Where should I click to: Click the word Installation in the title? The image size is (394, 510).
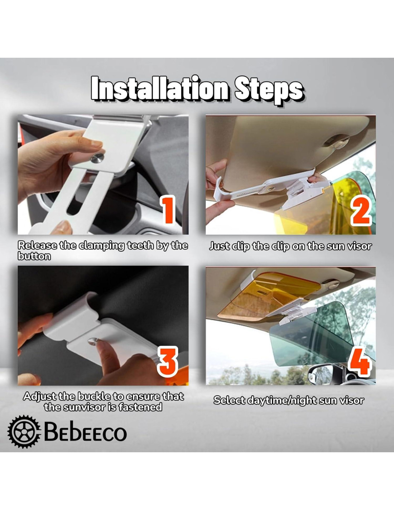[x=159, y=89]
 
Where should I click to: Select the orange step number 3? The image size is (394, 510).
[x=167, y=362]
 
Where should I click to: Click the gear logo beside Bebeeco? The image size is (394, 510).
[x=24, y=431]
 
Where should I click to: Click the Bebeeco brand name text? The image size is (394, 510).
[x=86, y=431]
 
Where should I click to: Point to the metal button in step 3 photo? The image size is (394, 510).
[x=93, y=341]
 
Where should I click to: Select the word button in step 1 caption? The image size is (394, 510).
[x=34, y=256]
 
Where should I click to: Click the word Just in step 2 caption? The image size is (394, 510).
[x=220, y=246]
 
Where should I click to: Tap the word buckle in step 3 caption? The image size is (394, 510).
[x=94, y=396]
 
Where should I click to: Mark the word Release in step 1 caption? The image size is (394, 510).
[x=37, y=245]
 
